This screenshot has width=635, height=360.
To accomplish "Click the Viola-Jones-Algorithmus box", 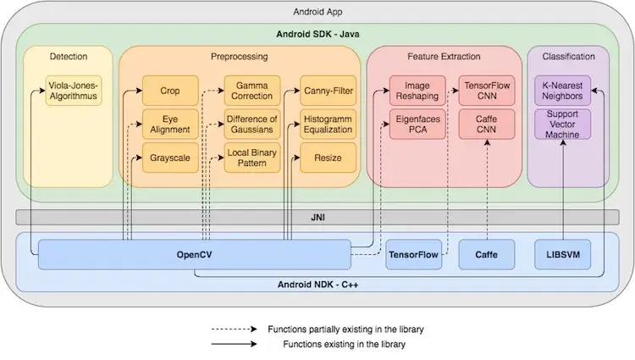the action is click(x=74, y=91).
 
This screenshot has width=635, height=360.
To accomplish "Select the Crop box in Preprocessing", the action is click(x=170, y=91).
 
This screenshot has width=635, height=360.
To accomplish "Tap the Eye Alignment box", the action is click(x=170, y=125).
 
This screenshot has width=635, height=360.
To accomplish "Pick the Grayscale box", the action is click(x=170, y=158).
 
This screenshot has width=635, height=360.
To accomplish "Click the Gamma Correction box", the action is click(x=252, y=91).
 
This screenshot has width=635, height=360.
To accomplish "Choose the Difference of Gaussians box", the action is click(x=252, y=125).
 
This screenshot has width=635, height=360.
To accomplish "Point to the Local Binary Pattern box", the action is click(x=252, y=158).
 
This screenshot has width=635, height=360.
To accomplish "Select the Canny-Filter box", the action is click(x=328, y=91).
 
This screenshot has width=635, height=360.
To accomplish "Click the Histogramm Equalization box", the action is click(x=328, y=125).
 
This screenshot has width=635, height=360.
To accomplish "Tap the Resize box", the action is click(x=328, y=158).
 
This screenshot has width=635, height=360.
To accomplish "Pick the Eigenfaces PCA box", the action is click(x=417, y=125).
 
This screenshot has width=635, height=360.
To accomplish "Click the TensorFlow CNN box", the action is click(x=487, y=91).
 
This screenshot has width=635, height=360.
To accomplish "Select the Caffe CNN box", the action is click(x=487, y=125).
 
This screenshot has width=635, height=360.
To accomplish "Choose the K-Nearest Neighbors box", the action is click(x=562, y=91).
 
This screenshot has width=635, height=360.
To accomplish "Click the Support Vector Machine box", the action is click(x=562, y=125).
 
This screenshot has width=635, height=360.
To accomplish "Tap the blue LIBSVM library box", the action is click(x=562, y=254).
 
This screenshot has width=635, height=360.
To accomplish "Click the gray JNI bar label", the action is click(x=317, y=218).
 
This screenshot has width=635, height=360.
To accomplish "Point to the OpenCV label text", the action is click(x=195, y=255).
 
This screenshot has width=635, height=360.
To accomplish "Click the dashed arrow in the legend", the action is click(x=234, y=330).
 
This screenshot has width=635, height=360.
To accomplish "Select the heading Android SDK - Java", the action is click(x=317, y=34).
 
